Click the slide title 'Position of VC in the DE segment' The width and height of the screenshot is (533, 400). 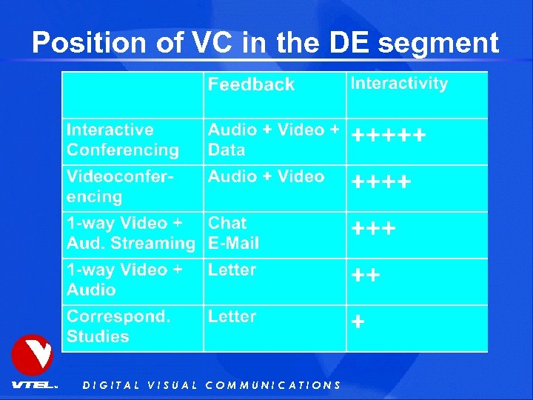(x=265, y=42)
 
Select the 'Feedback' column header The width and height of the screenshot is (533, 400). (x=251, y=84)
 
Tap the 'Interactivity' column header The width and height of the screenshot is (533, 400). (x=399, y=83)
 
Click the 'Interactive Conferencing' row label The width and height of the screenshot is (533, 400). (x=123, y=140)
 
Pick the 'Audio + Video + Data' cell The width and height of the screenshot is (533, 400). (x=272, y=139)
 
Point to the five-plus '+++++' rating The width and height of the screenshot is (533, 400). (x=389, y=136)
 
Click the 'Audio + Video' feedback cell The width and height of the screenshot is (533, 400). (x=266, y=176)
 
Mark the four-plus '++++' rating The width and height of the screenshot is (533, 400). (x=381, y=182)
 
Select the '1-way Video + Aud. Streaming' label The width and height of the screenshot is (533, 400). (x=130, y=233)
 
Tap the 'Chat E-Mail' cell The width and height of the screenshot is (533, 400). (x=233, y=233)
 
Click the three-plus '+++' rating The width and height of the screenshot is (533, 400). (x=374, y=229)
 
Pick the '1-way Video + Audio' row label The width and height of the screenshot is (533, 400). (x=124, y=279)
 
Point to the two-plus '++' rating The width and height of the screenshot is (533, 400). (x=366, y=276)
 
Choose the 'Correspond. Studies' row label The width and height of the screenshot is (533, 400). (x=118, y=326)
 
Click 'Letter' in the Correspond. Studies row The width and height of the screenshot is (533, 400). (x=232, y=316)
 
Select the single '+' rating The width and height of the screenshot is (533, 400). (x=358, y=322)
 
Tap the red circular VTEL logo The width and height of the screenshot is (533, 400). (x=33, y=356)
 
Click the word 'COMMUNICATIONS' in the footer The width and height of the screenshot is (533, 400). (x=272, y=385)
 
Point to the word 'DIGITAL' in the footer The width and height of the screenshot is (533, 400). (x=111, y=385)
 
